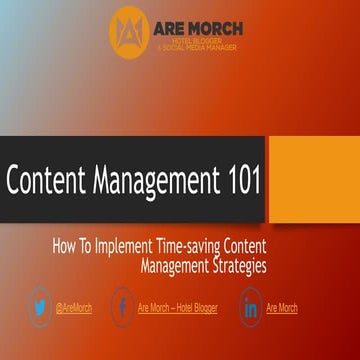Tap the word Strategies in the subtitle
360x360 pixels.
pyautogui.click(x=237, y=265)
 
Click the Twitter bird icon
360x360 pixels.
pyautogui.click(x=41, y=307)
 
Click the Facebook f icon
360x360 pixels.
pyautogui.click(x=122, y=307)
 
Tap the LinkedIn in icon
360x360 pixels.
pyautogui.click(x=251, y=307)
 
